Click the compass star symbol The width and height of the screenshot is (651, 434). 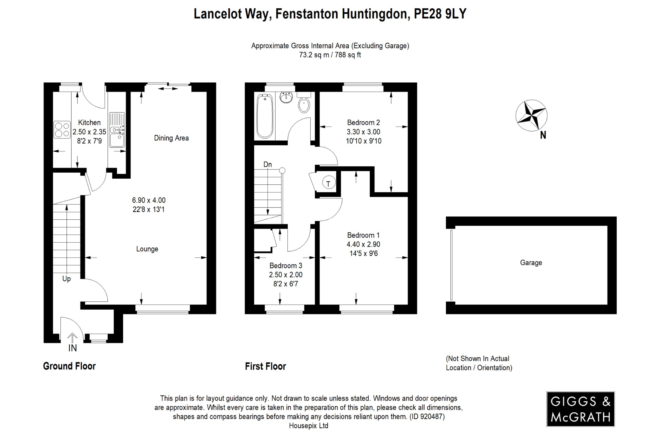531,115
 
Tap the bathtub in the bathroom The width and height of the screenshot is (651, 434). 264,116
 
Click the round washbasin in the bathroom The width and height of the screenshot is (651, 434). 286,98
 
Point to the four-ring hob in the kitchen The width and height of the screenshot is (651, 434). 62,130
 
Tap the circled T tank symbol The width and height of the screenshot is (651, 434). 328,183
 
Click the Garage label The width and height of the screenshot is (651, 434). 531,263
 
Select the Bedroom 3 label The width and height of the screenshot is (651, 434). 286,265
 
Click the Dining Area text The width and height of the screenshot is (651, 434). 171,138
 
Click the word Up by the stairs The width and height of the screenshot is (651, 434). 66,279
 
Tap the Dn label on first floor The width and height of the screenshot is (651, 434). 268,164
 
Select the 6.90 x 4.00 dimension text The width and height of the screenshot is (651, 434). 149,200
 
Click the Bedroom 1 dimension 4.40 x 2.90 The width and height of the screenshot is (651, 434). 363,244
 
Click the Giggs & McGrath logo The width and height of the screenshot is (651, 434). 580,409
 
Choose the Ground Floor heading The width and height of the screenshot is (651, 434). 69,366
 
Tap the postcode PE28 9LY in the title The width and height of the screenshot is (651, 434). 440,14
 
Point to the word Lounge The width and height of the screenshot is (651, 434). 147,249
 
